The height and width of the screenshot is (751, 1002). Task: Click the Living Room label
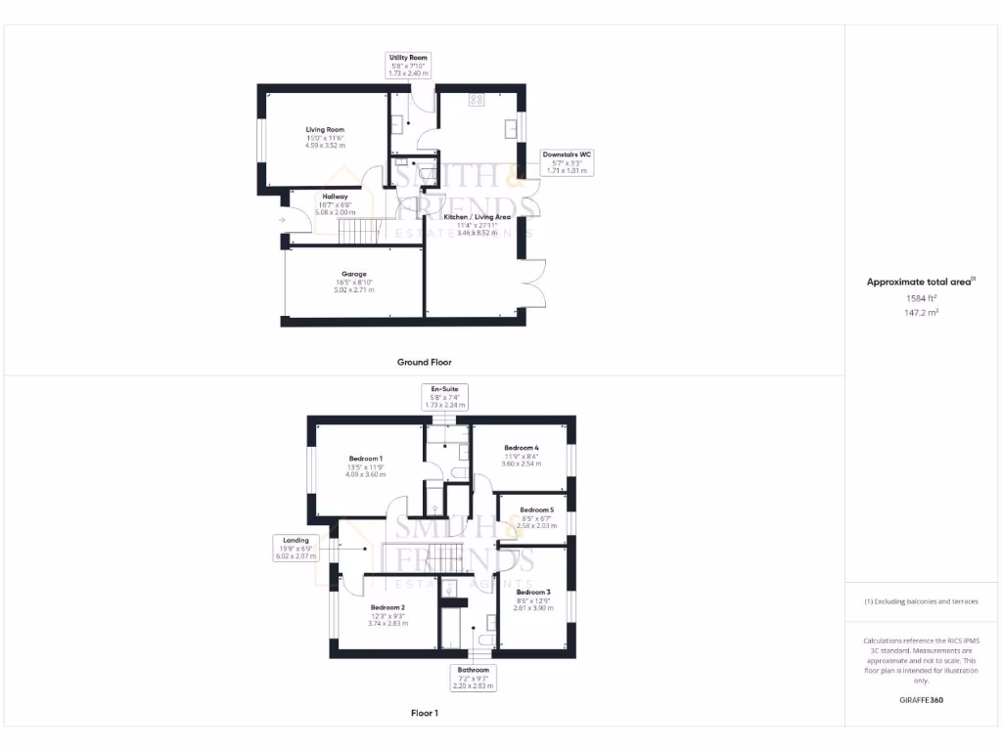325,130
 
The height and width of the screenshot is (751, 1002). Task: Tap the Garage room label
353,275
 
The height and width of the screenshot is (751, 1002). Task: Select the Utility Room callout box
408,66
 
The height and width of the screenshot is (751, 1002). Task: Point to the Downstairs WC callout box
567,162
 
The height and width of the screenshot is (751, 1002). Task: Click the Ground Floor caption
424,362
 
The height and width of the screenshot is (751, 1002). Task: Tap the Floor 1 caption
424,713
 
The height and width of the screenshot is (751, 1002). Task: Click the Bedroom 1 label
366,459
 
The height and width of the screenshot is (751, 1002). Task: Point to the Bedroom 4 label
522,448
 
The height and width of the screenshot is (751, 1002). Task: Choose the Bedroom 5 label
536,510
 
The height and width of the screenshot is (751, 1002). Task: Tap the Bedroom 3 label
533,593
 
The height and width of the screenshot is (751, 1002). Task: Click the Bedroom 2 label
387,607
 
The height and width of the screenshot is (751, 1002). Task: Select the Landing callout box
296,548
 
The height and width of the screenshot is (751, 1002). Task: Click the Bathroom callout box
473,678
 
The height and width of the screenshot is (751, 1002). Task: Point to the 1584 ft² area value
920,298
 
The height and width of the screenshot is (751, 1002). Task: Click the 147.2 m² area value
920,313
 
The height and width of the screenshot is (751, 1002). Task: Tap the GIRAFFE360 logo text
921,700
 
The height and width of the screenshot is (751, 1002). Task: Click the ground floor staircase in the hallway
359,232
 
